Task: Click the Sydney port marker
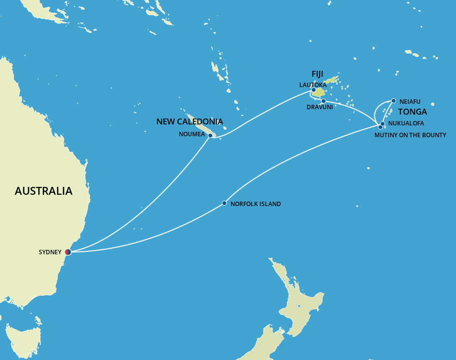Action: point(68,252)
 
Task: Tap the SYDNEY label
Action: point(50,252)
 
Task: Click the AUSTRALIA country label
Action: point(43,191)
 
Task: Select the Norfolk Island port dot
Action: point(225,203)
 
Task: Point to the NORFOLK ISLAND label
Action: point(256,204)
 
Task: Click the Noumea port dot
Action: point(210,135)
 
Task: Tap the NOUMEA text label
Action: point(192,134)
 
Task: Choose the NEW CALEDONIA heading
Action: point(190,121)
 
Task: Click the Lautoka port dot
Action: point(313,90)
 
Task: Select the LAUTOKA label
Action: point(313,85)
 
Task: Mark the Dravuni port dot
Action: point(323,101)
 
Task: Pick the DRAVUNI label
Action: point(319,107)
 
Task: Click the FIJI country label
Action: point(317,74)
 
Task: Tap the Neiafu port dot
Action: point(394,101)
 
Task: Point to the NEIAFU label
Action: point(410,102)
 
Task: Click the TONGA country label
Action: point(412,112)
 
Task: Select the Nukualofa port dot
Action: point(383,123)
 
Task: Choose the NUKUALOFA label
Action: point(406,123)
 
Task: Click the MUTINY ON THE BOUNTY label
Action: point(410,135)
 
